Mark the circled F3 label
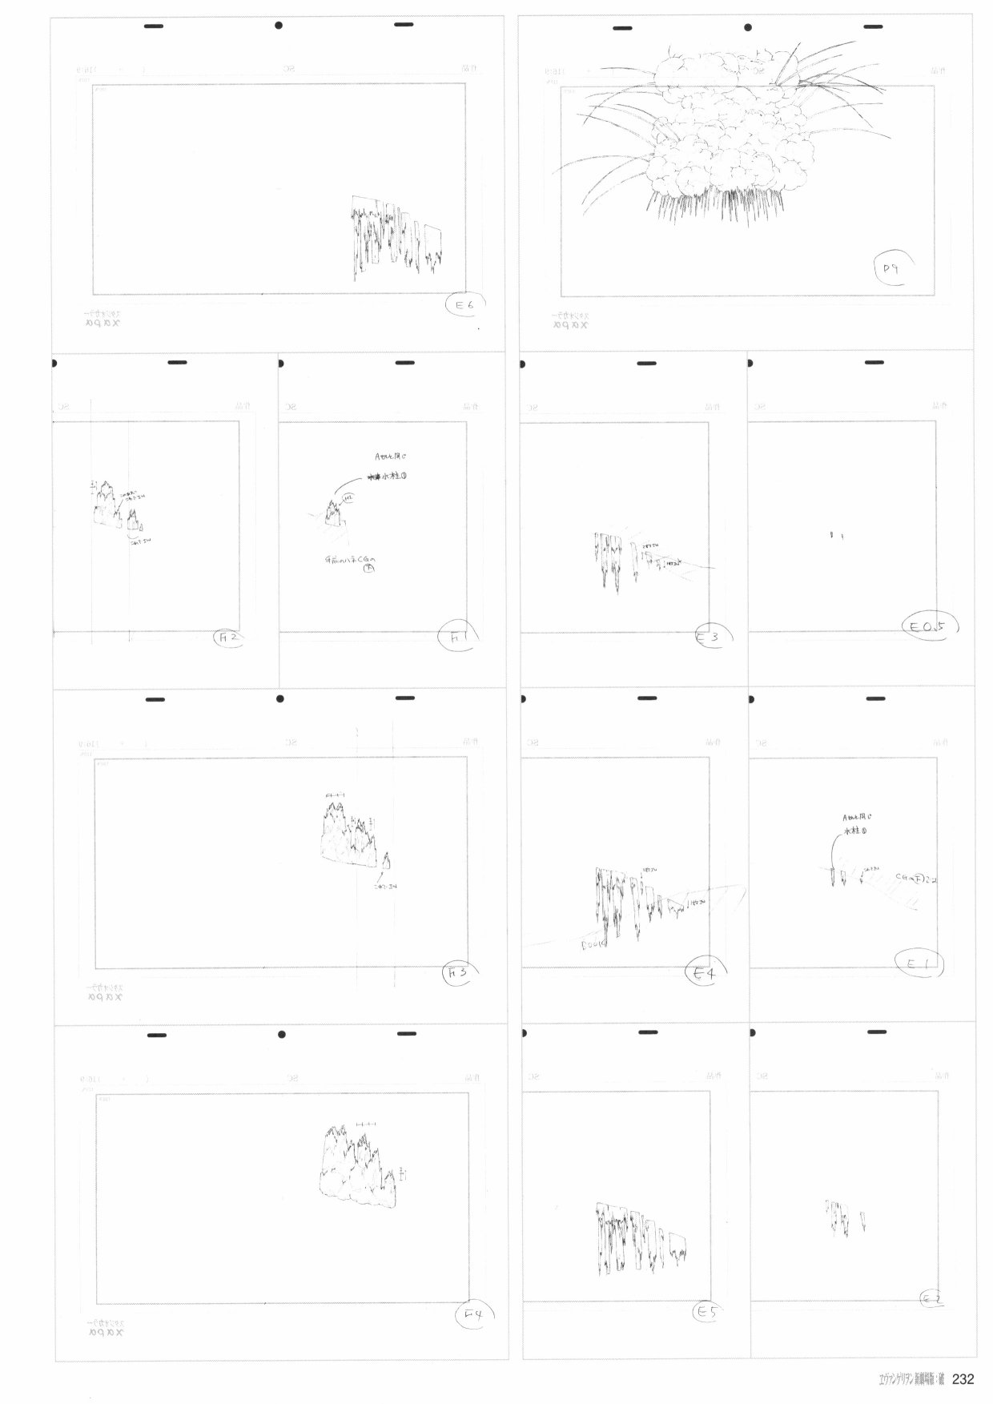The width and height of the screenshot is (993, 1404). click(x=460, y=973)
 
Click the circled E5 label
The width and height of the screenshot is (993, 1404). click(x=706, y=1313)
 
